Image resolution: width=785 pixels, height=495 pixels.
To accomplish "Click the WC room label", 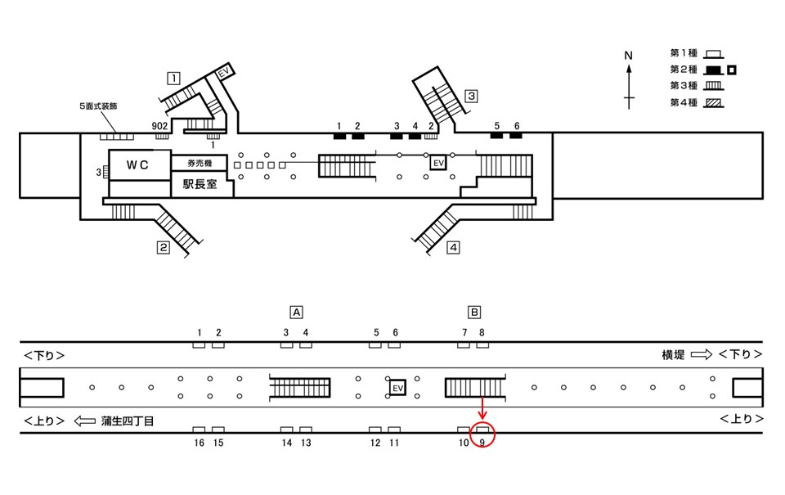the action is (137, 164).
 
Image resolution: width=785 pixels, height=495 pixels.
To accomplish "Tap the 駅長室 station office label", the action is (200, 184).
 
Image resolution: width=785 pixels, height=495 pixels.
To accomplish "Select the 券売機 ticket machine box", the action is (200, 164).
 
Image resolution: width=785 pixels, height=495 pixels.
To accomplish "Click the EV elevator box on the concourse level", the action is (438, 163).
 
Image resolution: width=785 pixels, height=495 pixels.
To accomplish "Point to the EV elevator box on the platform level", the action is (397, 388).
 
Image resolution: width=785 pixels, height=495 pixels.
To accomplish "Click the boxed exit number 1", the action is (173, 79).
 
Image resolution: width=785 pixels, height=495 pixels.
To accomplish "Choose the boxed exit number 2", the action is (164, 247).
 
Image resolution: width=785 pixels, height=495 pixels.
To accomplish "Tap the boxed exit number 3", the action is (471, 96).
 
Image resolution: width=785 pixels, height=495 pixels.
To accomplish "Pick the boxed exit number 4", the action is (453, 247).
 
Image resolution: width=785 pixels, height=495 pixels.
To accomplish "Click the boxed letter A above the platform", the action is (296, 313).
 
